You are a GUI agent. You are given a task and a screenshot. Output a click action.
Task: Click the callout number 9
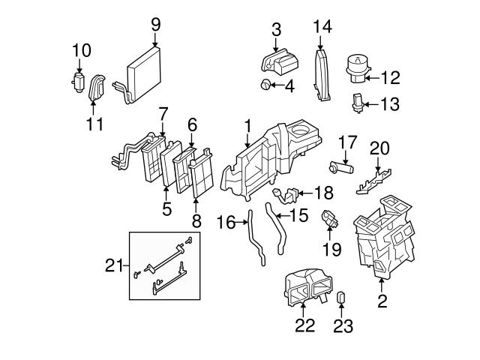point(156,25)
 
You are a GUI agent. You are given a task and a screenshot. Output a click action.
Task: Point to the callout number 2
point(382,301)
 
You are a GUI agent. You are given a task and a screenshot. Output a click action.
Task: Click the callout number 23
point(343,326)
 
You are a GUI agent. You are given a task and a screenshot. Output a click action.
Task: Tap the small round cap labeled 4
point(267,85)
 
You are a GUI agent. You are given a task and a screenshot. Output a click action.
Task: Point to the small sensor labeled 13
point(359,103)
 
